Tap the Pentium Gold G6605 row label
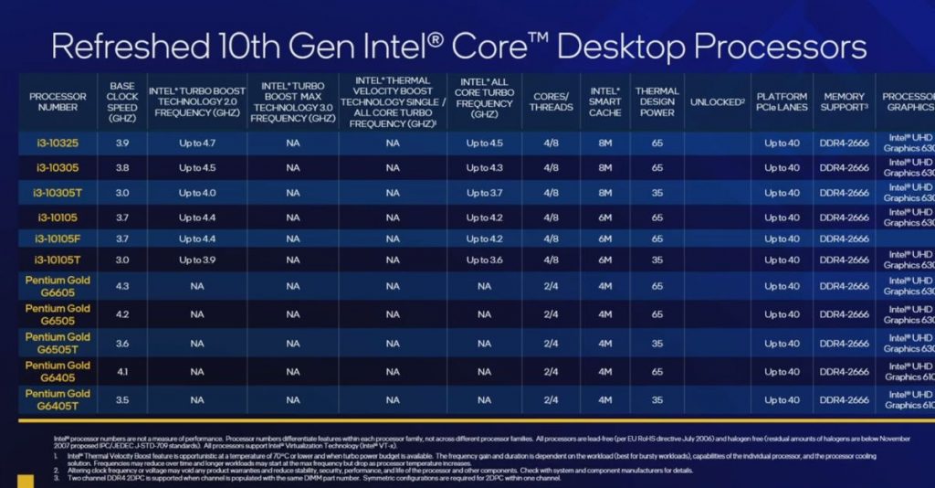click(58, 286)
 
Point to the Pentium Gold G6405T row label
click(58, 399)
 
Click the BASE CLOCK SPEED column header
click(122, 101)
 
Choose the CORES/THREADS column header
click(551, 101)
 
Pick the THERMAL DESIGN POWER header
click(657, 101)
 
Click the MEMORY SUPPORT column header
click(844, 101)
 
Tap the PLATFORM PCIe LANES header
click(782, 101)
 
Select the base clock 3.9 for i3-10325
click(122, 143)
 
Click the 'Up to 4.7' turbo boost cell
click(196, 143)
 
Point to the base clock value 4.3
click(122, 286)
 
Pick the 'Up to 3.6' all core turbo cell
click(484, 260)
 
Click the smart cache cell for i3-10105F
click(604, 239)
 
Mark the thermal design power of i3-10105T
click(657, 260)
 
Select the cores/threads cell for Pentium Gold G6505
click(551, 314)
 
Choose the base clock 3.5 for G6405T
click(122, 399)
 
